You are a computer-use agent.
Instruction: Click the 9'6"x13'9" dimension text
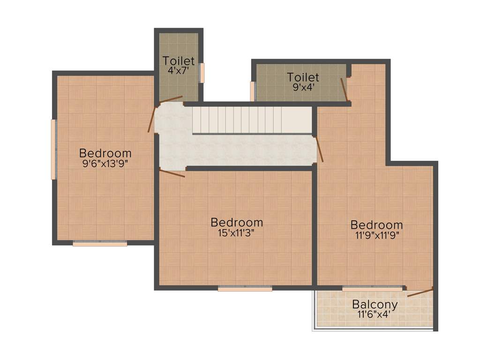pos(105,163)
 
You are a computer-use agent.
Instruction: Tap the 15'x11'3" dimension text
pos(236,232)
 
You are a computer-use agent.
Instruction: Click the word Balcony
pos(375,304)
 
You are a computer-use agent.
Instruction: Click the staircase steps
pos(252,120)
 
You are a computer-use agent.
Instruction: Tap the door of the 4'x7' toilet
pos(171,99)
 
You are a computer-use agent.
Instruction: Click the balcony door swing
pos(420,292)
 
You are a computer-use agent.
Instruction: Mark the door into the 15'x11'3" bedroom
pos(172,173)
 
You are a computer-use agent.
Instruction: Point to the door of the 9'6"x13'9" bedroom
pos(151,120)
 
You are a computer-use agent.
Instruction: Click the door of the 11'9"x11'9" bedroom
pos(319,149)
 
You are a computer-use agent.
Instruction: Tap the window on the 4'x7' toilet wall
pos(202,73)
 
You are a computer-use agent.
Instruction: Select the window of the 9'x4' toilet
pos(252,91)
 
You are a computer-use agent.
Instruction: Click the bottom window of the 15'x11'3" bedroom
pos(245,289)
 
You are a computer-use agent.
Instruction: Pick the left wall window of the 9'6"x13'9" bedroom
pos(53,149)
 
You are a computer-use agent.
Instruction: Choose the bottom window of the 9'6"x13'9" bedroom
pos(100,244)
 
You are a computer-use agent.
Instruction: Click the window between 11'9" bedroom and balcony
pos(372,289)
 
